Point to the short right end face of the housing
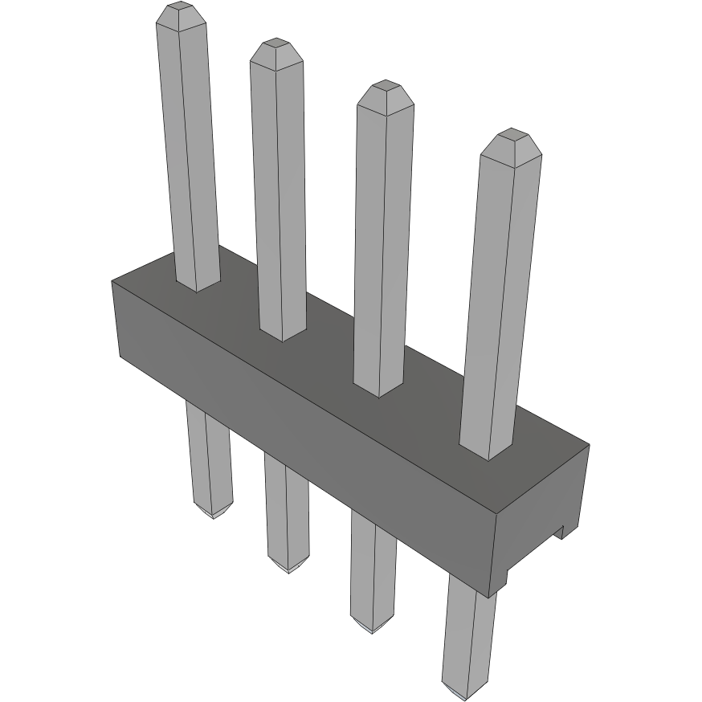(542, 514)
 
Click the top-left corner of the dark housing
(112, 280)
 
